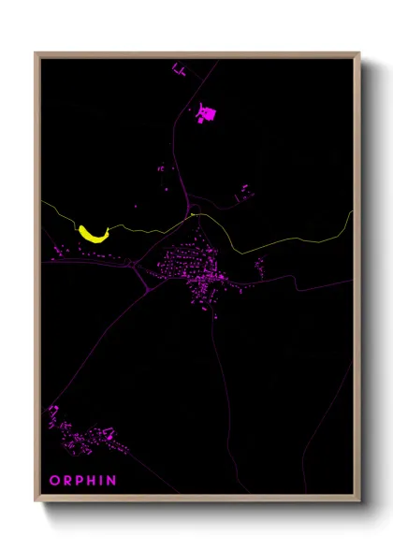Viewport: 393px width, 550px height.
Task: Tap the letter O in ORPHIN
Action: click(54, 481)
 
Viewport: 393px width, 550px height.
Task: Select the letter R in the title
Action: click(67, 481)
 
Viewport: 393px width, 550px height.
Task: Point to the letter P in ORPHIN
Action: click(80, 481)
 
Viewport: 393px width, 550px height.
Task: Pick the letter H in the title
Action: click(94, 481)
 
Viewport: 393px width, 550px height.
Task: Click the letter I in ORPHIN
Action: click(104, 481)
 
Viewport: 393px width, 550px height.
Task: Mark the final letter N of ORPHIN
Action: click(113, 481)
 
